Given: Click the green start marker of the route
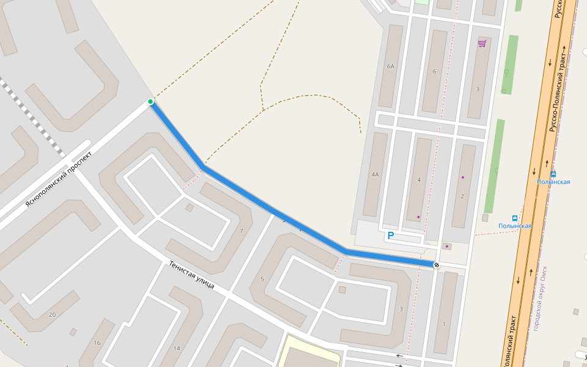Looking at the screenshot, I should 150,102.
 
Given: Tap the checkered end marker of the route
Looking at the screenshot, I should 436,265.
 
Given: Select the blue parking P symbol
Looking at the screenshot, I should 391,235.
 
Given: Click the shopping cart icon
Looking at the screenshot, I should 482,43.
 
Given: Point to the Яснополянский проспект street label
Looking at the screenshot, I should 58,179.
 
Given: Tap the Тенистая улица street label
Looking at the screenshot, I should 191,275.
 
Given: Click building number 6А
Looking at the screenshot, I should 391,66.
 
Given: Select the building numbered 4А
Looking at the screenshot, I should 375,174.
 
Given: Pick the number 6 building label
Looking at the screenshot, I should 435,72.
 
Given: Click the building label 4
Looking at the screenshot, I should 419,180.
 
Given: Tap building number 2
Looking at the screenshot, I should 462,196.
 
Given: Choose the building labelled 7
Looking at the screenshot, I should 242,231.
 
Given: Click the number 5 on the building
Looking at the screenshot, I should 262,280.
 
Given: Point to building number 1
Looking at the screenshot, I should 444,324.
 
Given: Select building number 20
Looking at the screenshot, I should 52,314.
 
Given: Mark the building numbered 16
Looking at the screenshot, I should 97,343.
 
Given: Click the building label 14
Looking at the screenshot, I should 177,348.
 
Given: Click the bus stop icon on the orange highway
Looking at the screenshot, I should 553,174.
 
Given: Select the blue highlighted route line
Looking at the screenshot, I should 275,211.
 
